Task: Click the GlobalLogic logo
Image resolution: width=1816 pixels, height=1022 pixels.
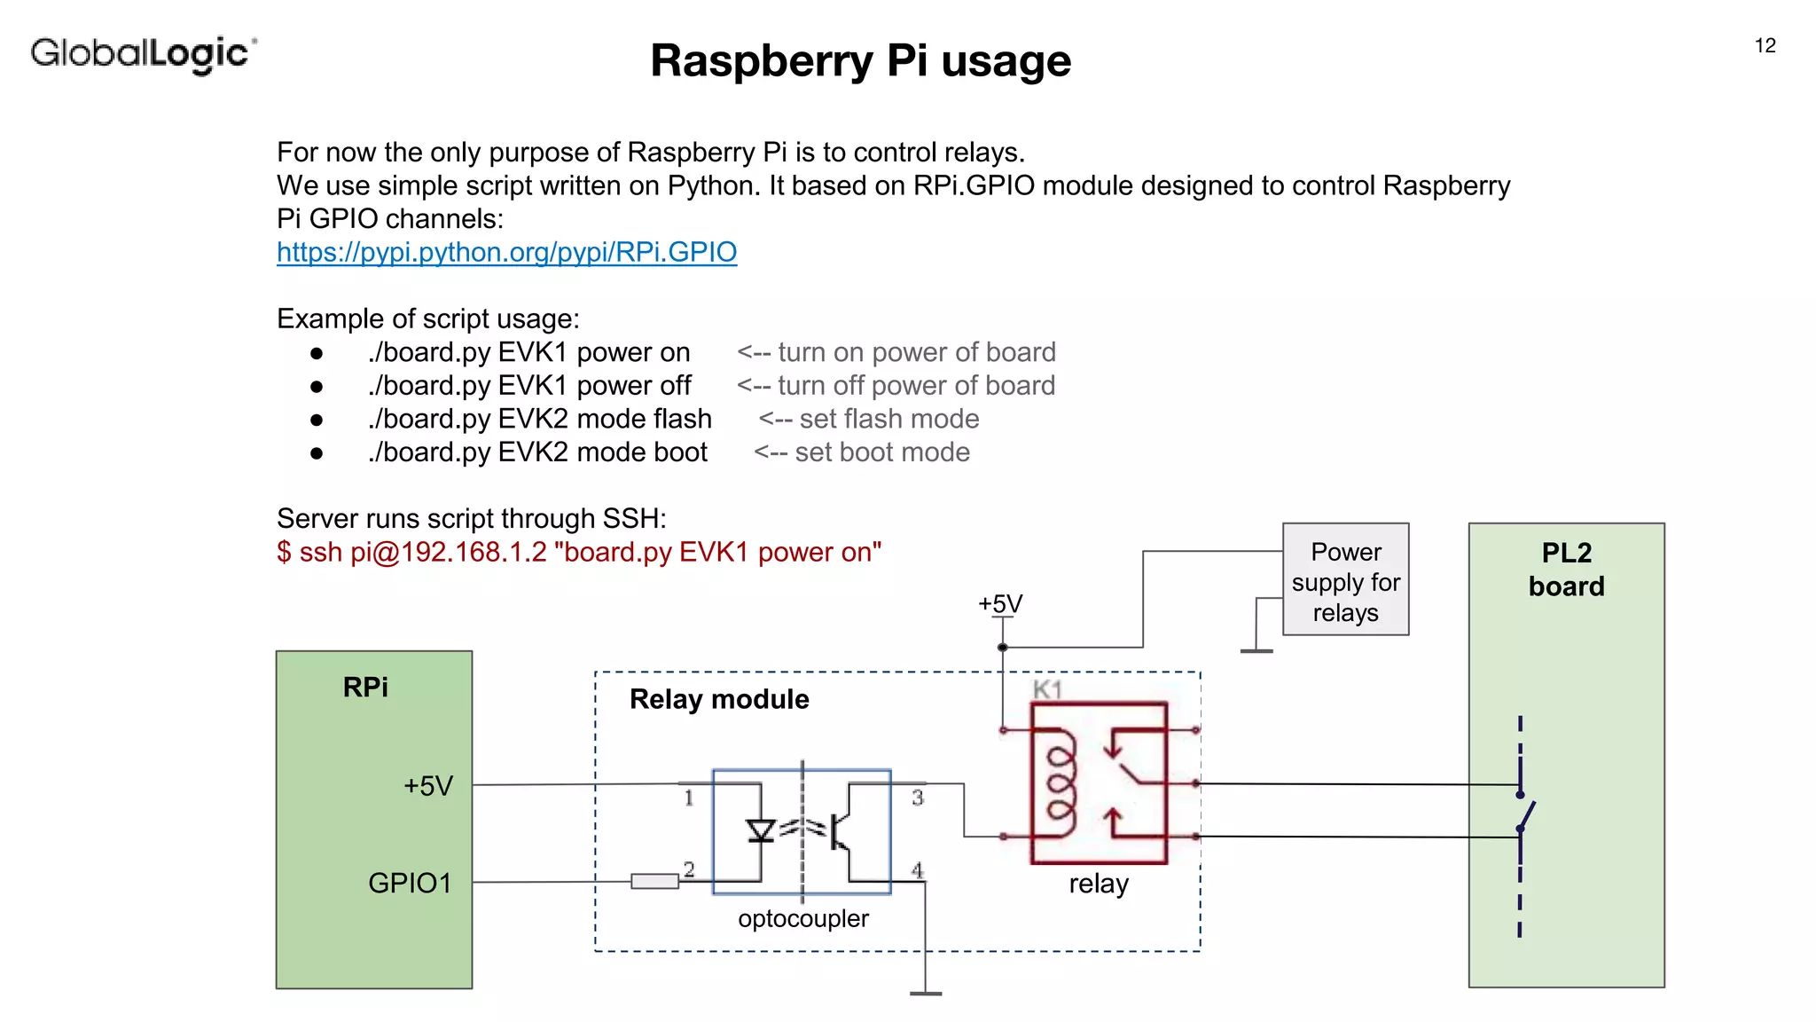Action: [144, 53]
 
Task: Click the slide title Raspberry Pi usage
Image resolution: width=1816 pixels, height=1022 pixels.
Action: [860, 61]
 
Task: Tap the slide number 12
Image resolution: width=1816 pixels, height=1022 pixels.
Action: [1765, 46]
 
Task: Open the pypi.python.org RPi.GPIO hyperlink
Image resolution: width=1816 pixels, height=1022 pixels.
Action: [506, 252]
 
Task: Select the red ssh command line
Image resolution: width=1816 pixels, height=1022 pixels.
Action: [578, 552]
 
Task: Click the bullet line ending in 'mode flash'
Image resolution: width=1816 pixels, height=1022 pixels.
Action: [539, 419]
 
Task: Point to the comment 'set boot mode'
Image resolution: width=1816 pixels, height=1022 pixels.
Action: [881, 452]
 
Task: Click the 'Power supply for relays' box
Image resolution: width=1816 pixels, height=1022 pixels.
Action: [1345, 581]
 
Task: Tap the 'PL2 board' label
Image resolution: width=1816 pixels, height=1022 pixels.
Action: [1566, 570]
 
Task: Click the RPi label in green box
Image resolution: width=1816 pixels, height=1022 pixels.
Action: [365, 688]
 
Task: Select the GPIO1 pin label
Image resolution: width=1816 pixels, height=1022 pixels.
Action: [410, 883]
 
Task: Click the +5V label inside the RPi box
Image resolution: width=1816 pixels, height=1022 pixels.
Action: [428, 786]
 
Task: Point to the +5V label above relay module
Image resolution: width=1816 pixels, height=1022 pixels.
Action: [1000, 604]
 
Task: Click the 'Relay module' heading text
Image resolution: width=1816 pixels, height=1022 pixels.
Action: [719, 699]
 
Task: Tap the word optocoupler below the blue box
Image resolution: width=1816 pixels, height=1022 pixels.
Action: [802, 918]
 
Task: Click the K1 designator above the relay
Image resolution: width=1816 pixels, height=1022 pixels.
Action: [1047, 689]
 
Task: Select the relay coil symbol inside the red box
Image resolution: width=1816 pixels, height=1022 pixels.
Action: [1061, 783]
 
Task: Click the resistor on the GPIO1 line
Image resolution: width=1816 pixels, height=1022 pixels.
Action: [654, 881]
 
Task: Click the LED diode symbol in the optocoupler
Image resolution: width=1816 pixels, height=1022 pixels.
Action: [761, 831]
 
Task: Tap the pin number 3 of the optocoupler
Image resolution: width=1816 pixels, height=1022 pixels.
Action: [918, 798]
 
